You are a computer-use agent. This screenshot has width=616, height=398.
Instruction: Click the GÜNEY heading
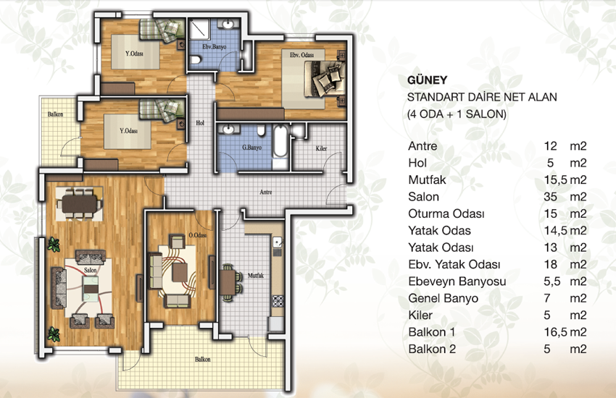[427, 80]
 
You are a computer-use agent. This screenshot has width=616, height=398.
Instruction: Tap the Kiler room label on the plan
[321, 148]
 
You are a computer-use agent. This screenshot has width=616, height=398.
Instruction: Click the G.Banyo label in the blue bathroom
[251, 148]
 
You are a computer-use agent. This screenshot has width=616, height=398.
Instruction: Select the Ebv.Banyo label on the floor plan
[214, 46]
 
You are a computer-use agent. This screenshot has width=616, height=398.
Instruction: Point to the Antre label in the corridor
[265, 192]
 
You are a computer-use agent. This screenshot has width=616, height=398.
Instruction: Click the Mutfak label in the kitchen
[256, 276]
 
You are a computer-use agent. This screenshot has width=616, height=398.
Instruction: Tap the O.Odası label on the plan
[198, 235]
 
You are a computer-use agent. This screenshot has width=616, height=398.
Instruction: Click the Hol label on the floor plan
[200, 123]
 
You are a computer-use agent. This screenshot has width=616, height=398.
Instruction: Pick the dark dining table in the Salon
[79, 204]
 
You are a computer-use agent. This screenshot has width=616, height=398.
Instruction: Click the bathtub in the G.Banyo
[280, 142]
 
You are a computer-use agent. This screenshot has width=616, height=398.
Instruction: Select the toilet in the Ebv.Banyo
[195, 60]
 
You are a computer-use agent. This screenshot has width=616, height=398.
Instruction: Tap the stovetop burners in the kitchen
[278, 301]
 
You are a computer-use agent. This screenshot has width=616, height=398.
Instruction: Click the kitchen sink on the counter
[278, 242]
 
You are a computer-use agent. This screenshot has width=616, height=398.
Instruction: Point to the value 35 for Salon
[550, 197]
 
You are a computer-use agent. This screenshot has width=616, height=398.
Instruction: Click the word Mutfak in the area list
[427, 180]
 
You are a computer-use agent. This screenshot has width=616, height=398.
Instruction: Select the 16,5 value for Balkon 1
[556, 332]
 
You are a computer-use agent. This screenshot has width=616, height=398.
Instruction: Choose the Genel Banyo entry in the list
[443, 298]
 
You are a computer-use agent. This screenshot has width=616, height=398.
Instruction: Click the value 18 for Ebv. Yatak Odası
[550, 264]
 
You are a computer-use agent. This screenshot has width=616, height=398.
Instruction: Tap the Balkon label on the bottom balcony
[203, 359]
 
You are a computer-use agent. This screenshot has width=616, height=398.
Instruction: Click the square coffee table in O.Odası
[180, 273]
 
